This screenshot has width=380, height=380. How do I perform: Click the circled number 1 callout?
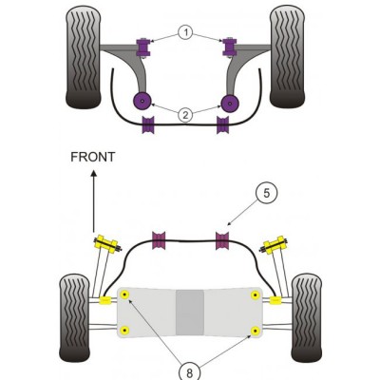click(x=187, y=33)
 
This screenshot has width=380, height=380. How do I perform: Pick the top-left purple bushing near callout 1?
click(x=146, y=45)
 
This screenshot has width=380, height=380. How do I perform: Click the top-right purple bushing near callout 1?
click(x=229, y=45)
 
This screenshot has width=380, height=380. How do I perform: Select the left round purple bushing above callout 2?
click(x=143, y=102)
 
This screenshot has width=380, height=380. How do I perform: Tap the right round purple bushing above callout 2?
click(x=229, y=102)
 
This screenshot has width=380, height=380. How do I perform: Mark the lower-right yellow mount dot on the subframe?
click(x=255, y=331)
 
